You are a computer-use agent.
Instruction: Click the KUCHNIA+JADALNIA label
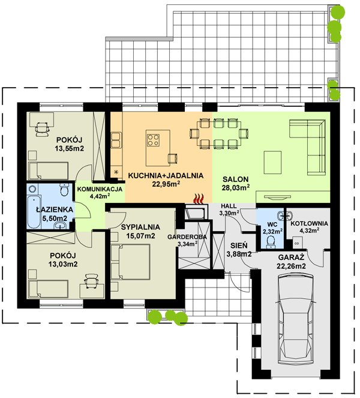(166, 175)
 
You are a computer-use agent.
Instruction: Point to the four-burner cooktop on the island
(153, 140)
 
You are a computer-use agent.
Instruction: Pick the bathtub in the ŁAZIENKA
(34, 211)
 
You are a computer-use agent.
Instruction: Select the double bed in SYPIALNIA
(131, 262)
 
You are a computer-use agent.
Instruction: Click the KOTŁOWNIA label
(309, 224)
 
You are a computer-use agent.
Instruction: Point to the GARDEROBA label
(187, 237)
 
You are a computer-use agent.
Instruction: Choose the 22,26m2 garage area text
(291, 266)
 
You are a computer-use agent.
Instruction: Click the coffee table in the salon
(272, 163)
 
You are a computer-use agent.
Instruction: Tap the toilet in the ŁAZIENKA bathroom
(64, 189)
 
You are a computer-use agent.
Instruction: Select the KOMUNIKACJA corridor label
(100, 189)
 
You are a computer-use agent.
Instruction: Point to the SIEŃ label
(239, 246)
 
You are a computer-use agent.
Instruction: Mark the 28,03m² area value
(235, 187)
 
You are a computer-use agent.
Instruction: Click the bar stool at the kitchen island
(173, 158)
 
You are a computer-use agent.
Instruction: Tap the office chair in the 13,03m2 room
(91, 280)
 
